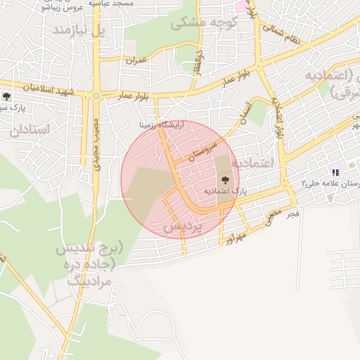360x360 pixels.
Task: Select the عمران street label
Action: click(135, 60)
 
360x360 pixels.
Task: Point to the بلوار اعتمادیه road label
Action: click(279, 116)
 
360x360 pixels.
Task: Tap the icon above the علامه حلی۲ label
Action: click(335, 172)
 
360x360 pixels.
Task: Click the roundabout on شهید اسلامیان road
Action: click(96, 94)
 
